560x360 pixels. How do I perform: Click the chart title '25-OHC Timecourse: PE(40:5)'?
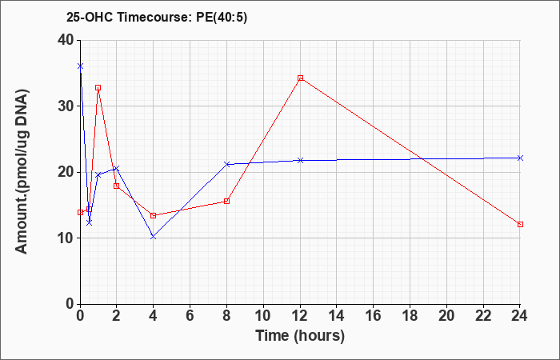pyautogui.click(x=157, y=17)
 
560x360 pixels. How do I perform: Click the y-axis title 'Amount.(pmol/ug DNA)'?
pyautogui.click(x=22, y=171)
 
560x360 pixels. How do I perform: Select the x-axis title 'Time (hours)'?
pyautogui.click(x=300, y=336)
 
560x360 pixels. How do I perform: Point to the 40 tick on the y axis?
pyautogui.click(x=66, y=40)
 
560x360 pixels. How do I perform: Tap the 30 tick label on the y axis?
pyautogui.click(x=66, y=106)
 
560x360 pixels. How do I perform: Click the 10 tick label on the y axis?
pyautogui.click(x=66, y=238)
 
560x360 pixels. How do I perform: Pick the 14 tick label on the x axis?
pyautogui.click(x=337, y=316)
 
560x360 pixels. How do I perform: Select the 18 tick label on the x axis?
pyautogui.click(x=410, y=316)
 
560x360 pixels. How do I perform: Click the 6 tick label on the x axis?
pyautogui.click(x=190, y=316)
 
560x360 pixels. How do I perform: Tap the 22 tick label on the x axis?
pyautogui.click(x=483, y=316)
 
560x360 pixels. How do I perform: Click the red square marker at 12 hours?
pyautogui.click(x=300, y=78)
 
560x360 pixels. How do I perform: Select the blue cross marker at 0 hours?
pyautogui.click(x=80, y=66)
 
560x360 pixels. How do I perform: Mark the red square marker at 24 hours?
pyautogui.click(x=520, y=224)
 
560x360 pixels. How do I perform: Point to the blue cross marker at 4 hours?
pyautogui.click(x=154, y=237)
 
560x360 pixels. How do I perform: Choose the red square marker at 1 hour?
pyautogui.click(x=98, y=87)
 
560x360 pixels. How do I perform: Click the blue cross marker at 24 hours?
pyautogui.click(x=520, y=158)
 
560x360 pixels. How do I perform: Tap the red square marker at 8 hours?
pyautogui.click(x=226, y=201)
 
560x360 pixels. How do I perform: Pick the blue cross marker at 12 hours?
pyautogui.click(x=300, y=160)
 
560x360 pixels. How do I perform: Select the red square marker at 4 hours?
pyautogui.click(x=154, y=215)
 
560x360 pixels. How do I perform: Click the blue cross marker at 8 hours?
pyautogui.click(x=226, y=164)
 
